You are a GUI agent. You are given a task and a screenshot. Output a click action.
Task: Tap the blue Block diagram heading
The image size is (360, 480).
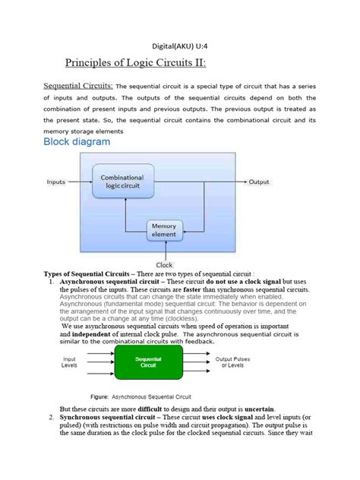pos(77,142)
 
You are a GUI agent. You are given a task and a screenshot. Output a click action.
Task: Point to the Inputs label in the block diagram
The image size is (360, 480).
pos(56,182)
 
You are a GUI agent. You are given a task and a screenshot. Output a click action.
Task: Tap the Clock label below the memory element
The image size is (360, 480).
pos(164,264)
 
